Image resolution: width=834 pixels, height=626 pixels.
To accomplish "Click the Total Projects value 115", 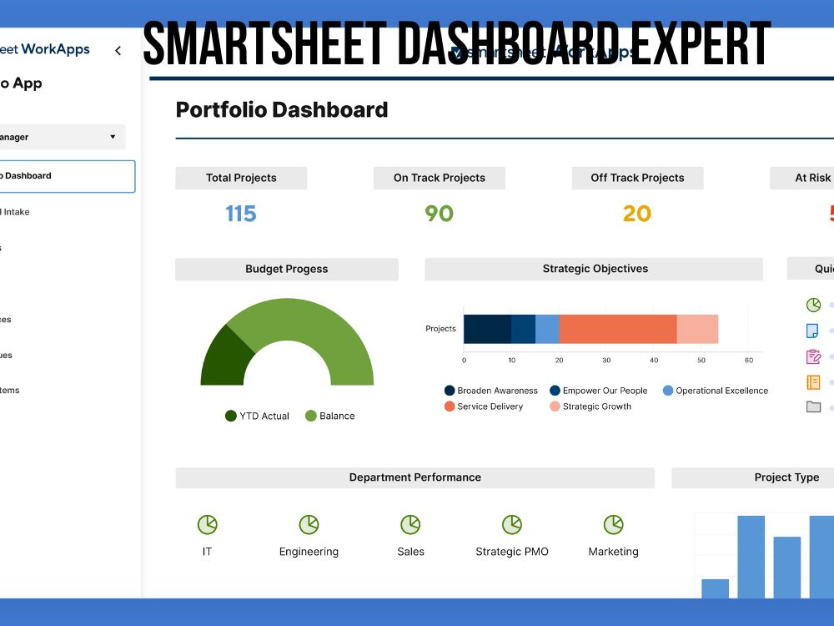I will (x=240, y=214).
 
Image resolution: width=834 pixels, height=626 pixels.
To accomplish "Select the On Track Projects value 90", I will (x=439, y=214).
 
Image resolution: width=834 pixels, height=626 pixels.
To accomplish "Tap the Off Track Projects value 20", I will (x=636, y=214).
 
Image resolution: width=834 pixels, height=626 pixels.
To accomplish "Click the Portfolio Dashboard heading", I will (x=282, y=109).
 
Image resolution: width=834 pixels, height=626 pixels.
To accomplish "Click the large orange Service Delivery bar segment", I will (x=617, y=329).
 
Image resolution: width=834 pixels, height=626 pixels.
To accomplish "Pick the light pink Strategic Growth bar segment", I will (x=697, y=329).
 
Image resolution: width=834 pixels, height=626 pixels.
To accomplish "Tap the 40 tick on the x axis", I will (x=654, y=361).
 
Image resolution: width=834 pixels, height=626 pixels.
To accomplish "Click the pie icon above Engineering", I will (x=309, y=525).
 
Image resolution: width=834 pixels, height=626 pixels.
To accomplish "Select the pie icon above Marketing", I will (x=613, y=525).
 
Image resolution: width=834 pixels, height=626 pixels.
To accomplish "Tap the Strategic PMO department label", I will (x=512, y=552).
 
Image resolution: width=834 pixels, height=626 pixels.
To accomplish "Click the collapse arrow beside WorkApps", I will (x=118, y=51).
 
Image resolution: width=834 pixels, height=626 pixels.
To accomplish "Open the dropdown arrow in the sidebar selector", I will (x=113, y=137).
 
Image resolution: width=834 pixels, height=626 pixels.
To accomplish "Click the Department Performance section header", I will (x=414, y=477).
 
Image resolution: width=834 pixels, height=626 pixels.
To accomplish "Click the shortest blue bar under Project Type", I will (x=715, y=588).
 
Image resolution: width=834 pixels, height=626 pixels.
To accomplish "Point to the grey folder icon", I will (x=813, y=407).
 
